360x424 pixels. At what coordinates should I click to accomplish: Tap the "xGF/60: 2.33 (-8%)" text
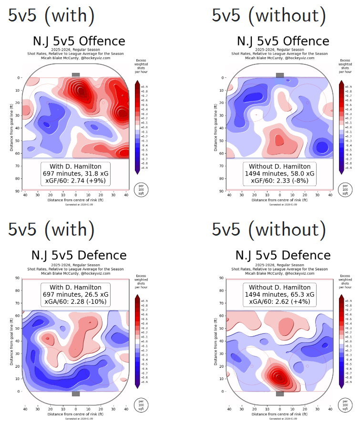(280, 182)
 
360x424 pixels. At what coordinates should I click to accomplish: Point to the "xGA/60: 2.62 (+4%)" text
(280, 303)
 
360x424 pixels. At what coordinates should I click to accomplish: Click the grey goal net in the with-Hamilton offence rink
(76, 75)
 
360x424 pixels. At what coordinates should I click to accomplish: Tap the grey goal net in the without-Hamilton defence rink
(280, 393)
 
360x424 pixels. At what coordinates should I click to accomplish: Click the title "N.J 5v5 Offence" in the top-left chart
(79, 41)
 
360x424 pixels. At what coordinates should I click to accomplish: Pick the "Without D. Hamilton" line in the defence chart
(280, 287)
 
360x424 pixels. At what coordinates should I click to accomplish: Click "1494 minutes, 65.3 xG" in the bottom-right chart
(280, 295)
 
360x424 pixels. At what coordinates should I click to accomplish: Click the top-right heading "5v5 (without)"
(269, 15)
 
